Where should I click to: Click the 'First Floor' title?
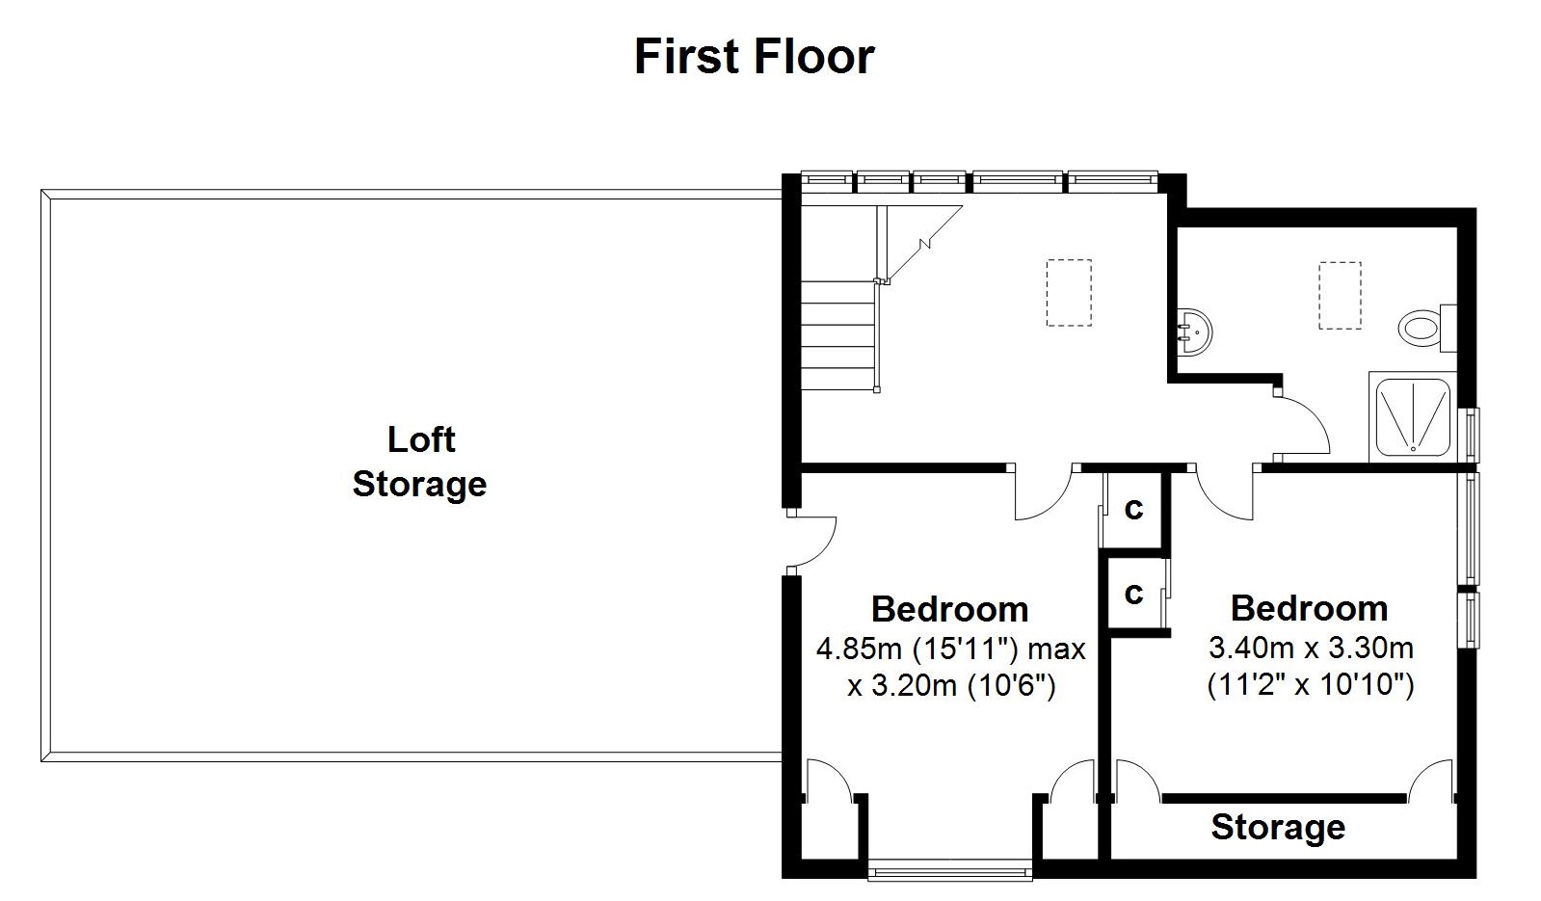tap(754, 57)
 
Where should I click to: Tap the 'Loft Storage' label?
tap(420, 462)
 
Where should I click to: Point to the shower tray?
tap(1413, 416)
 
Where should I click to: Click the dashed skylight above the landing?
tap(1069, 293)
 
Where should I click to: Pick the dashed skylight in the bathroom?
tap(1340, 295)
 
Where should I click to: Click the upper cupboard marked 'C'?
tap(1134, 508)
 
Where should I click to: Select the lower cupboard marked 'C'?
tap(1134, 594)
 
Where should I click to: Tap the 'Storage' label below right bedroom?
tap(1278, 827)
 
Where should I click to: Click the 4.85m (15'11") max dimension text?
tap(950, 649)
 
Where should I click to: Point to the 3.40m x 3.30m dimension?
tap(1311, 647)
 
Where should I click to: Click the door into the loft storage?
tap(811, 542)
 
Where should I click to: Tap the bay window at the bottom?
tap(949, 873)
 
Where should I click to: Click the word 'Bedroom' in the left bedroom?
tap(949, 609)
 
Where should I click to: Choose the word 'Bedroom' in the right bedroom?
tap(1309, 608)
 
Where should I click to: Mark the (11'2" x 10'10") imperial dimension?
tap(1311, 685)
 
